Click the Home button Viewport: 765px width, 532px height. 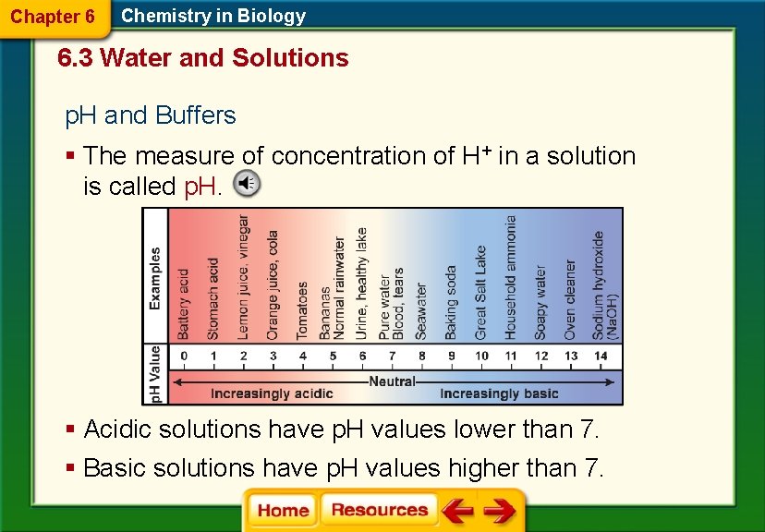click(x=283, y=510)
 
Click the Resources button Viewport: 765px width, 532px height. click(x=379, y=510)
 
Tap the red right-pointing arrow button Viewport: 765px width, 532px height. click(x=500, y=510)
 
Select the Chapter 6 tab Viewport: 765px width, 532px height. click(x=52, y=17)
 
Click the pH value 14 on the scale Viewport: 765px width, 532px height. click(x=601, y=357)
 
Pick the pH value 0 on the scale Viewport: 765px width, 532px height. click(x=184, y=357)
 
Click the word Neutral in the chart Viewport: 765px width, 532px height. click(x=392, y=381)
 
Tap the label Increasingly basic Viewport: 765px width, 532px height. click(x=499, y=393)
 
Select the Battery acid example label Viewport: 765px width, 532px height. click(x=184, y=303)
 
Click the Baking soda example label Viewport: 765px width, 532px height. click(x=451, y=302)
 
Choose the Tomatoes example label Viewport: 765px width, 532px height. click(x=302, y=309)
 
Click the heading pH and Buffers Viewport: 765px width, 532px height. click(x=150, y=115)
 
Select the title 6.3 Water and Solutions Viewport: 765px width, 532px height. click(x=202, y=58)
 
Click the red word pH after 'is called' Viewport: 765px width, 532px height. click(x=200, y=187)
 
